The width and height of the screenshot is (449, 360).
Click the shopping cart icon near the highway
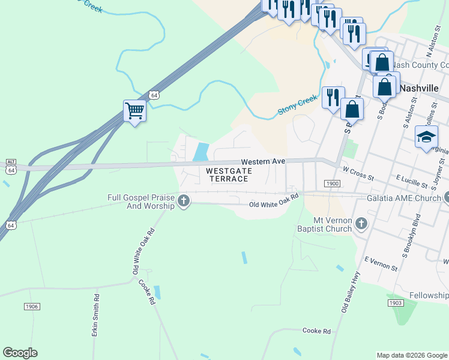[134, 111]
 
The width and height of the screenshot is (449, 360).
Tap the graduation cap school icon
[426, 137]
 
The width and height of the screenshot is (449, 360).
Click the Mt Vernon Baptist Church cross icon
[361, 223]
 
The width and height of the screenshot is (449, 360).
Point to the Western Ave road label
[263, 162]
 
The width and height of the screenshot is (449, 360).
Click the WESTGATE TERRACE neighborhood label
[228, 175]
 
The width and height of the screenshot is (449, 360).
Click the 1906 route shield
[32, 307]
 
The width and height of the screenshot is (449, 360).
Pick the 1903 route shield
[395, 303]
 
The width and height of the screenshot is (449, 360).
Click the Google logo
[20, 352]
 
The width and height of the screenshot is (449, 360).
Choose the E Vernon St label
[381, 262]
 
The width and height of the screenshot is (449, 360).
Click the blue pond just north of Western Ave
[200, 151]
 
